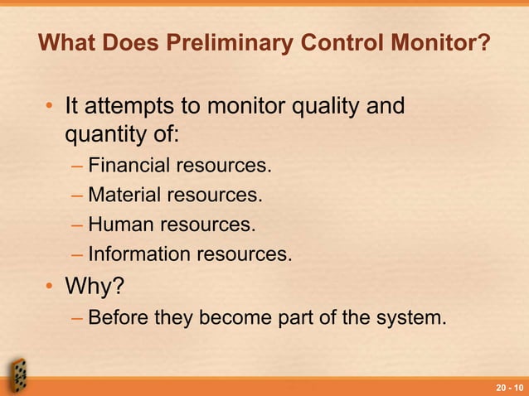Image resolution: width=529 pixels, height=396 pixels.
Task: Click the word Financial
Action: point(127,167)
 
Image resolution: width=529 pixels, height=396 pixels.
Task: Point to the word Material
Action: point(124,196)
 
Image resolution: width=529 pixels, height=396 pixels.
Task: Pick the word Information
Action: point(135,254)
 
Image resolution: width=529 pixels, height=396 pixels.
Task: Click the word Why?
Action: point(95,286)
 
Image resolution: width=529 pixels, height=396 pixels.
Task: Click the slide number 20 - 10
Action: point(509,388)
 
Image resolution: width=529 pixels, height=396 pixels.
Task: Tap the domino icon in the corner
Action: point(18,374)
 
